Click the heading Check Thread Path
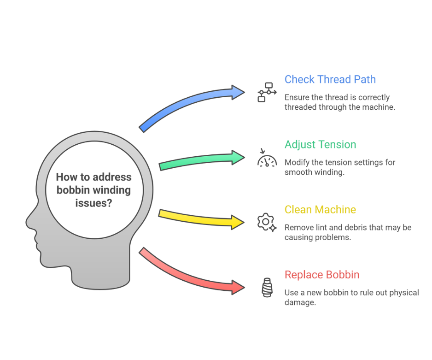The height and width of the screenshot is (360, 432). click(330, 79)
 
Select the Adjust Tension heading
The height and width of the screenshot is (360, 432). click(321, 145)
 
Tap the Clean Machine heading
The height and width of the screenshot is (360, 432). click(320, 210)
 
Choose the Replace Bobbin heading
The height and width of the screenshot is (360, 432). click(322, 275)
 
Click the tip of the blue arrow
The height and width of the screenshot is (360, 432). click(245, 92)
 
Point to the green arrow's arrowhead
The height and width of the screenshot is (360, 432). click(238, 157)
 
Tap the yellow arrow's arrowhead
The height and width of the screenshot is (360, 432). click(238, 222)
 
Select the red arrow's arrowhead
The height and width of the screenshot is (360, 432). click(238, 288)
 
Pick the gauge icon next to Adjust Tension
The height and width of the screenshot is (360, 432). click(267, 158)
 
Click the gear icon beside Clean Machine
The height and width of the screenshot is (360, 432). click(267, 222)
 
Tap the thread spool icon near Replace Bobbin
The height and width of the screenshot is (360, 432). click(267, 288)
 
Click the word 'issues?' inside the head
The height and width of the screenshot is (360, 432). click(93, 203)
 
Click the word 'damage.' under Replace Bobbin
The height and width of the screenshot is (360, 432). click(300, 302)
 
